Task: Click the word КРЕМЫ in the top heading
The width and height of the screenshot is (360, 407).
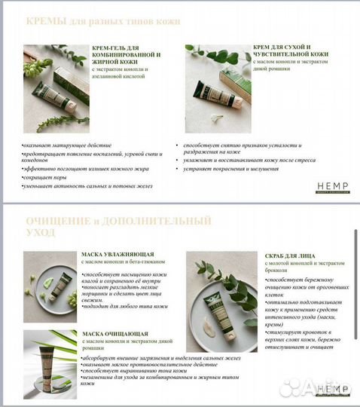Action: coord(46,22)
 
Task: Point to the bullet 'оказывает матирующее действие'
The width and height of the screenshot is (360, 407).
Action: coord(68,145)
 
